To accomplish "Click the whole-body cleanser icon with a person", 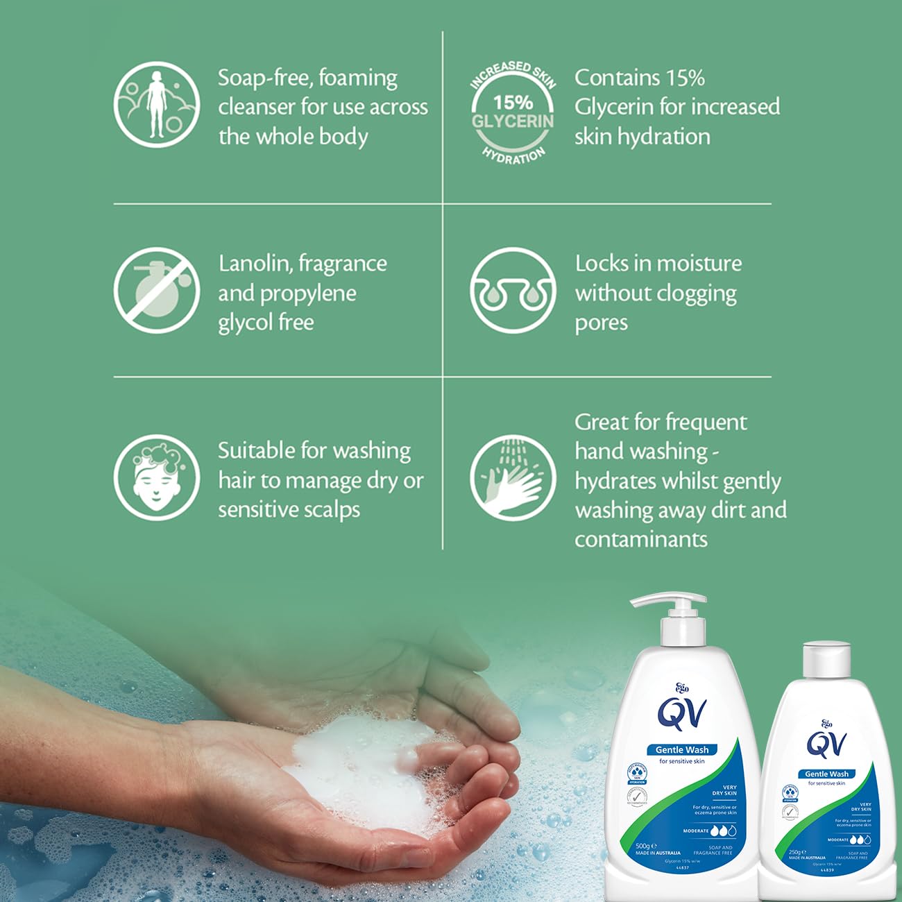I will point(157,104).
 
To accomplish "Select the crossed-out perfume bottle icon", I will point(157,290).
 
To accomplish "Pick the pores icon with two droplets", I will point(513,290).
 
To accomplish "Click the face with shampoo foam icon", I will point(157,477).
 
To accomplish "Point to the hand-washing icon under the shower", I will point(513,477).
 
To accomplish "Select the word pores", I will point(601,323).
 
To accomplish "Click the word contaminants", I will point(640,540).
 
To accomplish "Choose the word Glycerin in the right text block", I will point(613,107).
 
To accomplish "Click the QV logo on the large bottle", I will point(683,714).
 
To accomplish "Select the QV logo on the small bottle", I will point(826,744).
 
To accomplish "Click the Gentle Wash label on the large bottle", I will point(682,749).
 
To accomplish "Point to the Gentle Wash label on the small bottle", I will point(826,774).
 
